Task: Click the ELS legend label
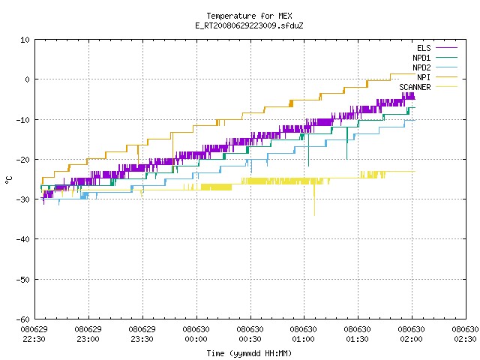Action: pyautogui.click(x=424, y=48)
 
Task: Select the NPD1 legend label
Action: pyautogui.click(x=421, y=58)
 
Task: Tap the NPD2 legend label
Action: pyautogui.click(x=421, y=67)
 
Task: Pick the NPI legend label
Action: pyautogui.click(x=424, y=77)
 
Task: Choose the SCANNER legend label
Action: pyautogui.click(x=415, y=87)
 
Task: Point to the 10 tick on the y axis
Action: pyautogui.click(x=25, y=40)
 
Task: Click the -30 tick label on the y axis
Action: pyautogui.click(x=23, y=199)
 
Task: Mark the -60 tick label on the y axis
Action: pyautogui.click(x=23, y=319)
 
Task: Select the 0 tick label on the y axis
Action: pyautogui.click(x=28, y=79)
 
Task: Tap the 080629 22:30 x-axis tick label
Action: pyautogui.click(x=34, y=334)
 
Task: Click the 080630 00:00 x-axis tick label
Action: pyautogui.click(x=196, y=334)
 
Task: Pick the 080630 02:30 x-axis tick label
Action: pyautogui.click(x=465, y=334)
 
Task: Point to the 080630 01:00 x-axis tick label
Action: pyautogui.click(x=303, y=334)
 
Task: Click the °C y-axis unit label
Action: pyautogui.click(x=9, y=180)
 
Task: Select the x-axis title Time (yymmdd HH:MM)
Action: pyautogui.click(x=249, y=353)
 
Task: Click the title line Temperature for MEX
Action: pyautogui.click(x=249, y=16)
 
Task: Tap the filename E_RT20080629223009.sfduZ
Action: pyautogui.click(x=249, y=25)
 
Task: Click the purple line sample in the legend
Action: pyautogui.click(x=446, y=48)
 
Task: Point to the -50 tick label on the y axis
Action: pyautogui.click(x=23, y=280)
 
